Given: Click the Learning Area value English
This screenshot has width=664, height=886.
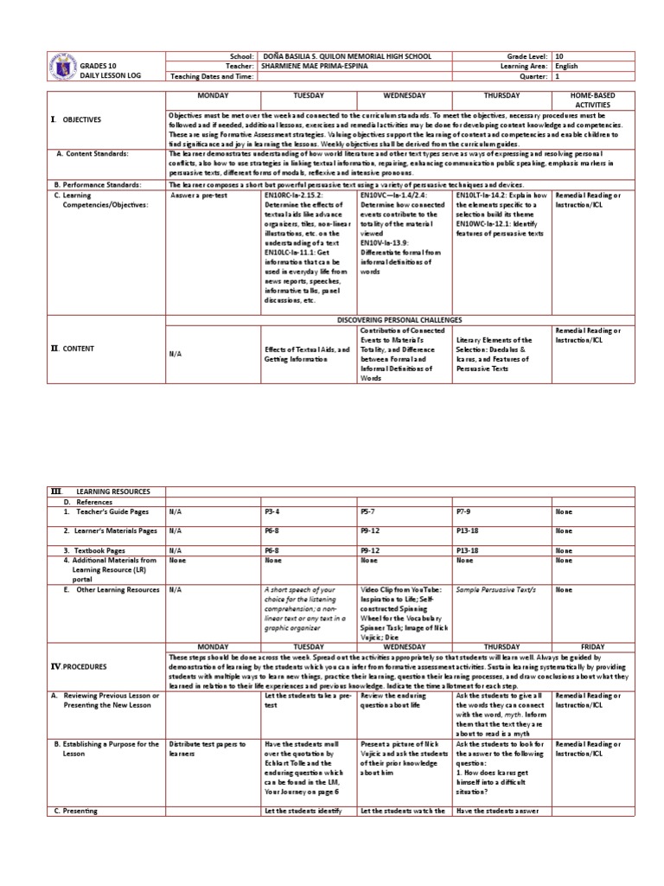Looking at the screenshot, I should coord(568,66).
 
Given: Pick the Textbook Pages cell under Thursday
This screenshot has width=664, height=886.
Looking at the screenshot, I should coord(468,550).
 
